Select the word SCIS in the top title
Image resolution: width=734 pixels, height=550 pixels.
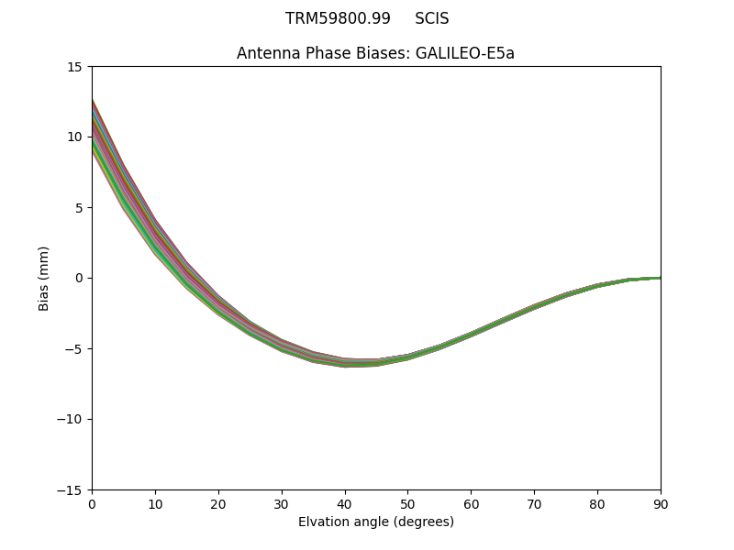[431, 19]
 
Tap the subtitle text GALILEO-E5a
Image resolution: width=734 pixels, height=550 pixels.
[465, 53]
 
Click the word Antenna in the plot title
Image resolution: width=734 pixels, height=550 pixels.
[267, 53]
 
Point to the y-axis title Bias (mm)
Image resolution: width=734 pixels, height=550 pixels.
[44, 278]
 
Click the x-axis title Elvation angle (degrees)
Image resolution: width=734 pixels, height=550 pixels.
[376, 522]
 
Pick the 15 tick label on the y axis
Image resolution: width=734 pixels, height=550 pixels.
[74, 67]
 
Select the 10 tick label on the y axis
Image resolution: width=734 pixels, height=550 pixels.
[74, 137]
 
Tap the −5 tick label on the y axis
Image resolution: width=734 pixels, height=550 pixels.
[72, 349]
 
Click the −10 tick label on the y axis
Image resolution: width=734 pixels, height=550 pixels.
[68, 420]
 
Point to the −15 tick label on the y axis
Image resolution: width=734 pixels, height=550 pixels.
[68, 490]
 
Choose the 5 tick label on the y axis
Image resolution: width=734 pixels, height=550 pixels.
[78, 208]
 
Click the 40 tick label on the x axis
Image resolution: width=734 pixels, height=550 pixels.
[345, 503]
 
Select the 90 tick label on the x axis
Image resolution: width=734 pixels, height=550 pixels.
[661, 503]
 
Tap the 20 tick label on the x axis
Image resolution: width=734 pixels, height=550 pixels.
[218, 503]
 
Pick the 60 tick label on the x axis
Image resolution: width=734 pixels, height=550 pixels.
[471, 503]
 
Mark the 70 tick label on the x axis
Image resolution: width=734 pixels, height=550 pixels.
[534, 503]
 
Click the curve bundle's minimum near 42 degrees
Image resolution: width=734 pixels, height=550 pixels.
[358, 363]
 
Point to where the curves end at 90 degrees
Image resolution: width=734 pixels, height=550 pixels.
[660, 277]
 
